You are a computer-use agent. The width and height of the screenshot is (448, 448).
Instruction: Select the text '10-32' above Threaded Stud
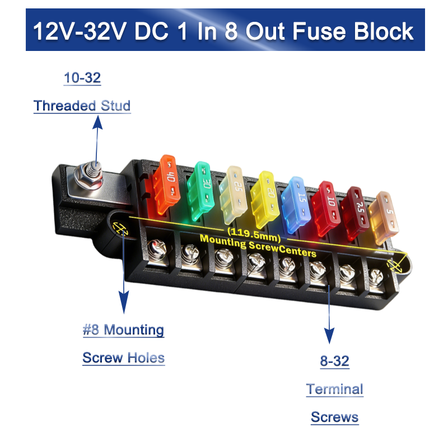point(82,78)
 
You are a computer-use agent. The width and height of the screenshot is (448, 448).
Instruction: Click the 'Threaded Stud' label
point(82,105)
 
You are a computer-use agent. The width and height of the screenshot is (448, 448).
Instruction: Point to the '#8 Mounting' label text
point(123,330)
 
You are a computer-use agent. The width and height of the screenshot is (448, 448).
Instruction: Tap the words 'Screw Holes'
point(123,358)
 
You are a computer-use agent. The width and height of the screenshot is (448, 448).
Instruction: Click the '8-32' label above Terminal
point(334,361)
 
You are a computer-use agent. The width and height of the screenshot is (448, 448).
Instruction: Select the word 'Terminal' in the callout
point(334,389)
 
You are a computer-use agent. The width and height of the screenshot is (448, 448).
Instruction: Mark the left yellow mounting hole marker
point(119,228)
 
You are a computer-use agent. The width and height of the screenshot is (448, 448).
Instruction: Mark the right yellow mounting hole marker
point(394,263)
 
